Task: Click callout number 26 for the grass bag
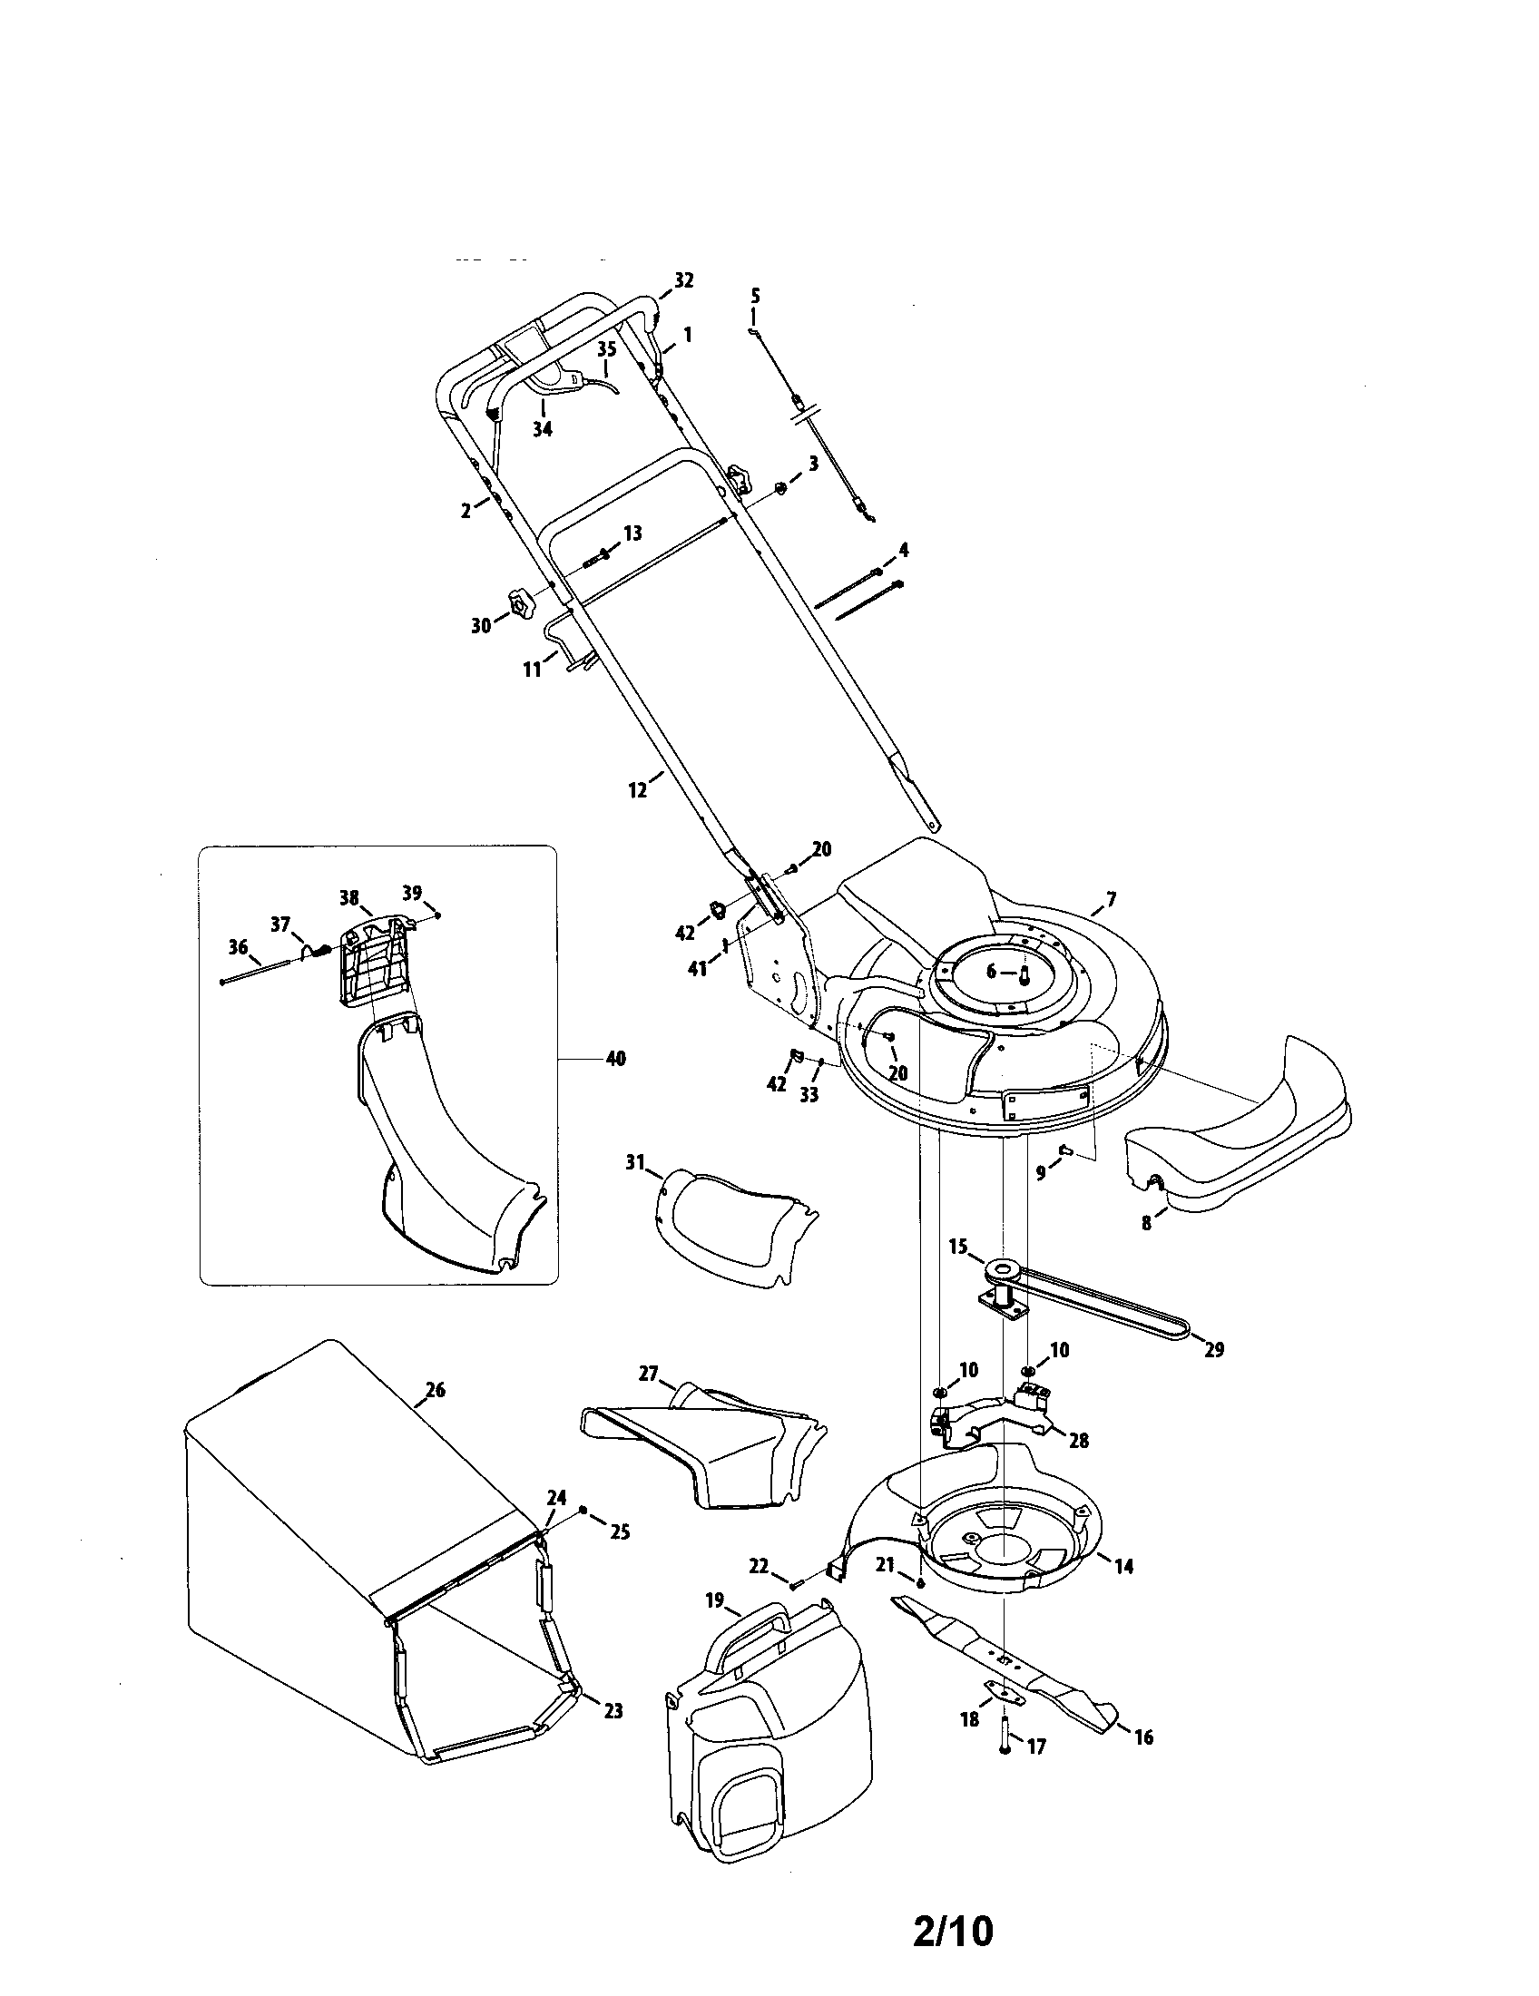coord(435,1390)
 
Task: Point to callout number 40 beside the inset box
coord(615,1059)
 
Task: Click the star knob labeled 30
coord(521,604)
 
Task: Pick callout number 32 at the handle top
coord(683,280)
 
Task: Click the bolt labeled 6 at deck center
coord(1024,974)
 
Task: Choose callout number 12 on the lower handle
coord(638,789)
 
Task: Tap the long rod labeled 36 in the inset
coord(264,968)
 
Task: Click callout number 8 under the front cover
coord(1147,1223)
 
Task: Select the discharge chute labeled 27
coord(702,1453)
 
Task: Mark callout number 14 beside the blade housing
coord(1124,1566)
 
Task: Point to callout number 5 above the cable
coord(755,296)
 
